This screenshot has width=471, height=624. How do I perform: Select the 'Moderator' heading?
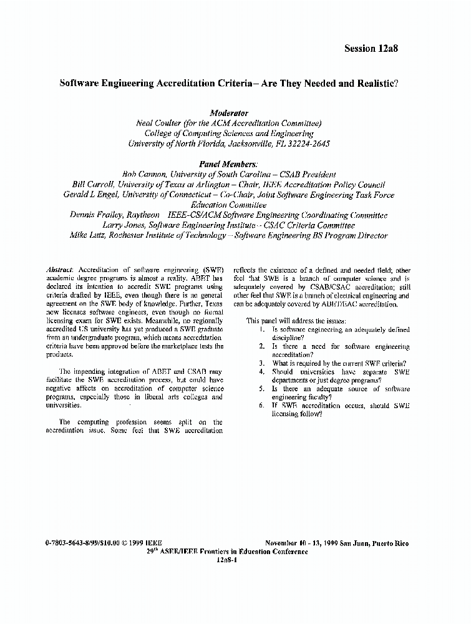tap(229, 113)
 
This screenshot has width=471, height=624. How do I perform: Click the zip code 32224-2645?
tap(308, 143)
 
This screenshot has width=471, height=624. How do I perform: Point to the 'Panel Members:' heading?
tap(228, 164)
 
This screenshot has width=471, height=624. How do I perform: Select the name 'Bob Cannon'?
tap(143, 175)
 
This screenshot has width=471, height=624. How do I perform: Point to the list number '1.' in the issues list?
tap(262, 329)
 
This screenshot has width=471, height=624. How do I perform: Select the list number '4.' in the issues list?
tap(262, 372)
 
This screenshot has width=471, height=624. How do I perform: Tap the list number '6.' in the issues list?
tap(262, 406)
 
